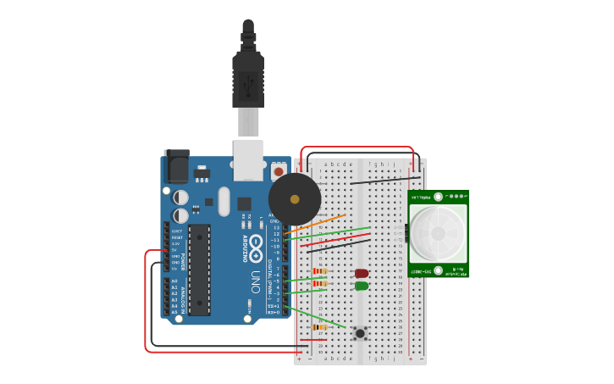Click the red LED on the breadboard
362,274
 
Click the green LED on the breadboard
362,286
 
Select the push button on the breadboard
360,333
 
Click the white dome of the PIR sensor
437,233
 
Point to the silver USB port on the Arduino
248,160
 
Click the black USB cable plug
248,81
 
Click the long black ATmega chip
199,270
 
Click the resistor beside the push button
320,327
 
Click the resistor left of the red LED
320,271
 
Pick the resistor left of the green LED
320,283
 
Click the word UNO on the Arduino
255,281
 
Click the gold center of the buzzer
295,200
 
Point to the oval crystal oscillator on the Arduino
224,201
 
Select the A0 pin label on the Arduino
174,281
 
